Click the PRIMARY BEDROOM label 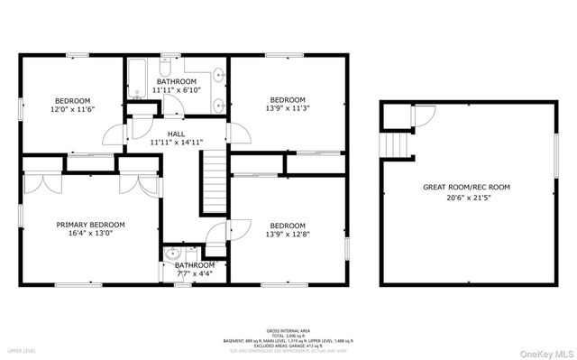90,225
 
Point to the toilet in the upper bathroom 167,68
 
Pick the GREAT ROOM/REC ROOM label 466,188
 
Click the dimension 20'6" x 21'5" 466,198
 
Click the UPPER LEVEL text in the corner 22,350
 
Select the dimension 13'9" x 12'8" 288,235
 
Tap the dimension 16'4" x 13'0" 90,235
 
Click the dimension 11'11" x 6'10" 176,90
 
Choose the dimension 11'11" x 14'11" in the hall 176,142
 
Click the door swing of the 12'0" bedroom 110,135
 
